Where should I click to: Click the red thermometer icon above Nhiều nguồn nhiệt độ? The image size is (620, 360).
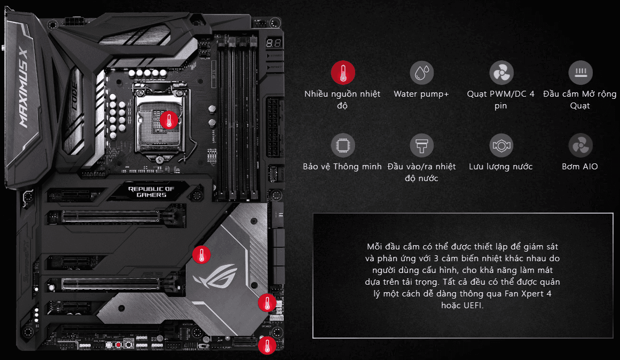coord(343,73)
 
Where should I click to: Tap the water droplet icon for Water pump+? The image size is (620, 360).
coord(421,73)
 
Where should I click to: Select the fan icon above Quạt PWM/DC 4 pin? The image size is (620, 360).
coord(501,73)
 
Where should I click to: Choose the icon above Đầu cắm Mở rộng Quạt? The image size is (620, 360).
coord(580,73)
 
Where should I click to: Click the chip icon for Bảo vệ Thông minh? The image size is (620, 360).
coord(343,146)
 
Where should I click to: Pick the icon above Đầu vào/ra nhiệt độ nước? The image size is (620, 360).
coord(421,146)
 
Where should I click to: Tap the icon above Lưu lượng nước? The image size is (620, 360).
coord(501,146)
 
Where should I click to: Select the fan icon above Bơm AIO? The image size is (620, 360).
coord(580,146)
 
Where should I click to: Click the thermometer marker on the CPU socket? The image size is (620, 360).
coord(169,120)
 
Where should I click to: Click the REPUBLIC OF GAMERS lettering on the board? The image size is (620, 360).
coord(152,191)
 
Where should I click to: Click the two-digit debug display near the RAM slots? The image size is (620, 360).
coord(273,43)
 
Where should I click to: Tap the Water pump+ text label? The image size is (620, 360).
coord(421,94)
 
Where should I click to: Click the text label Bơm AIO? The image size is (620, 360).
coord(579,167)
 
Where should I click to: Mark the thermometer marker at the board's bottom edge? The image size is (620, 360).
coord(267,346)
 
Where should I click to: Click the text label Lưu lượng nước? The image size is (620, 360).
coord(500,167)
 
